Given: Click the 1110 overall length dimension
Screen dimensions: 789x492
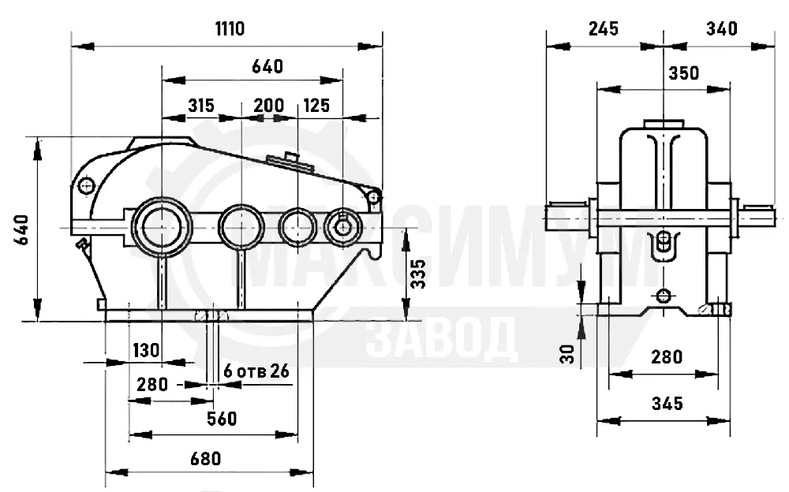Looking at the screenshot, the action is (230, 28).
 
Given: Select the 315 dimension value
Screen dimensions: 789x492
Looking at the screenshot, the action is (201, 106).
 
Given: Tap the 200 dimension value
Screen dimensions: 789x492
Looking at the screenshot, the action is (269, 106).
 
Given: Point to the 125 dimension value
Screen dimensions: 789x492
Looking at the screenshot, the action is (316, 106).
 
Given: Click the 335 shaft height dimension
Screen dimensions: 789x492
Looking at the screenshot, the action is (418, 274).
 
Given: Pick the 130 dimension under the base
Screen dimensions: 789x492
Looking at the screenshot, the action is (146, 350).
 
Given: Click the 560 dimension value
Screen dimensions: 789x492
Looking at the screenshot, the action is (222, 419).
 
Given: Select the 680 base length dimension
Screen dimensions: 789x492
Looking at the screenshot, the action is (206, 459).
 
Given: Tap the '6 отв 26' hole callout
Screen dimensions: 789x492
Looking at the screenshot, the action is (256, 371).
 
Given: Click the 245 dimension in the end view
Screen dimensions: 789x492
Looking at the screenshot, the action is (604, 28).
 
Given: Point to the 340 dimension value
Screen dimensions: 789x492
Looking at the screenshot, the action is (722, 28).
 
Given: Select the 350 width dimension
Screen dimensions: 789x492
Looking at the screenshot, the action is (684, 73).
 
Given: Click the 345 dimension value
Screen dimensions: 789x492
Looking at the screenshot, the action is (667, 404).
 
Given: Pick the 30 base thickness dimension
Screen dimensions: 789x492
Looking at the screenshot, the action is (567, 354).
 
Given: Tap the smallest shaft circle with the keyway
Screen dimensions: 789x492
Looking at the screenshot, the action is (343, 227).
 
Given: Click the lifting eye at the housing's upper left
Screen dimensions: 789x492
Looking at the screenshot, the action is (87, 185).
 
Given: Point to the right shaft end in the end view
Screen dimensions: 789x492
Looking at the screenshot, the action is (757, 218).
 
